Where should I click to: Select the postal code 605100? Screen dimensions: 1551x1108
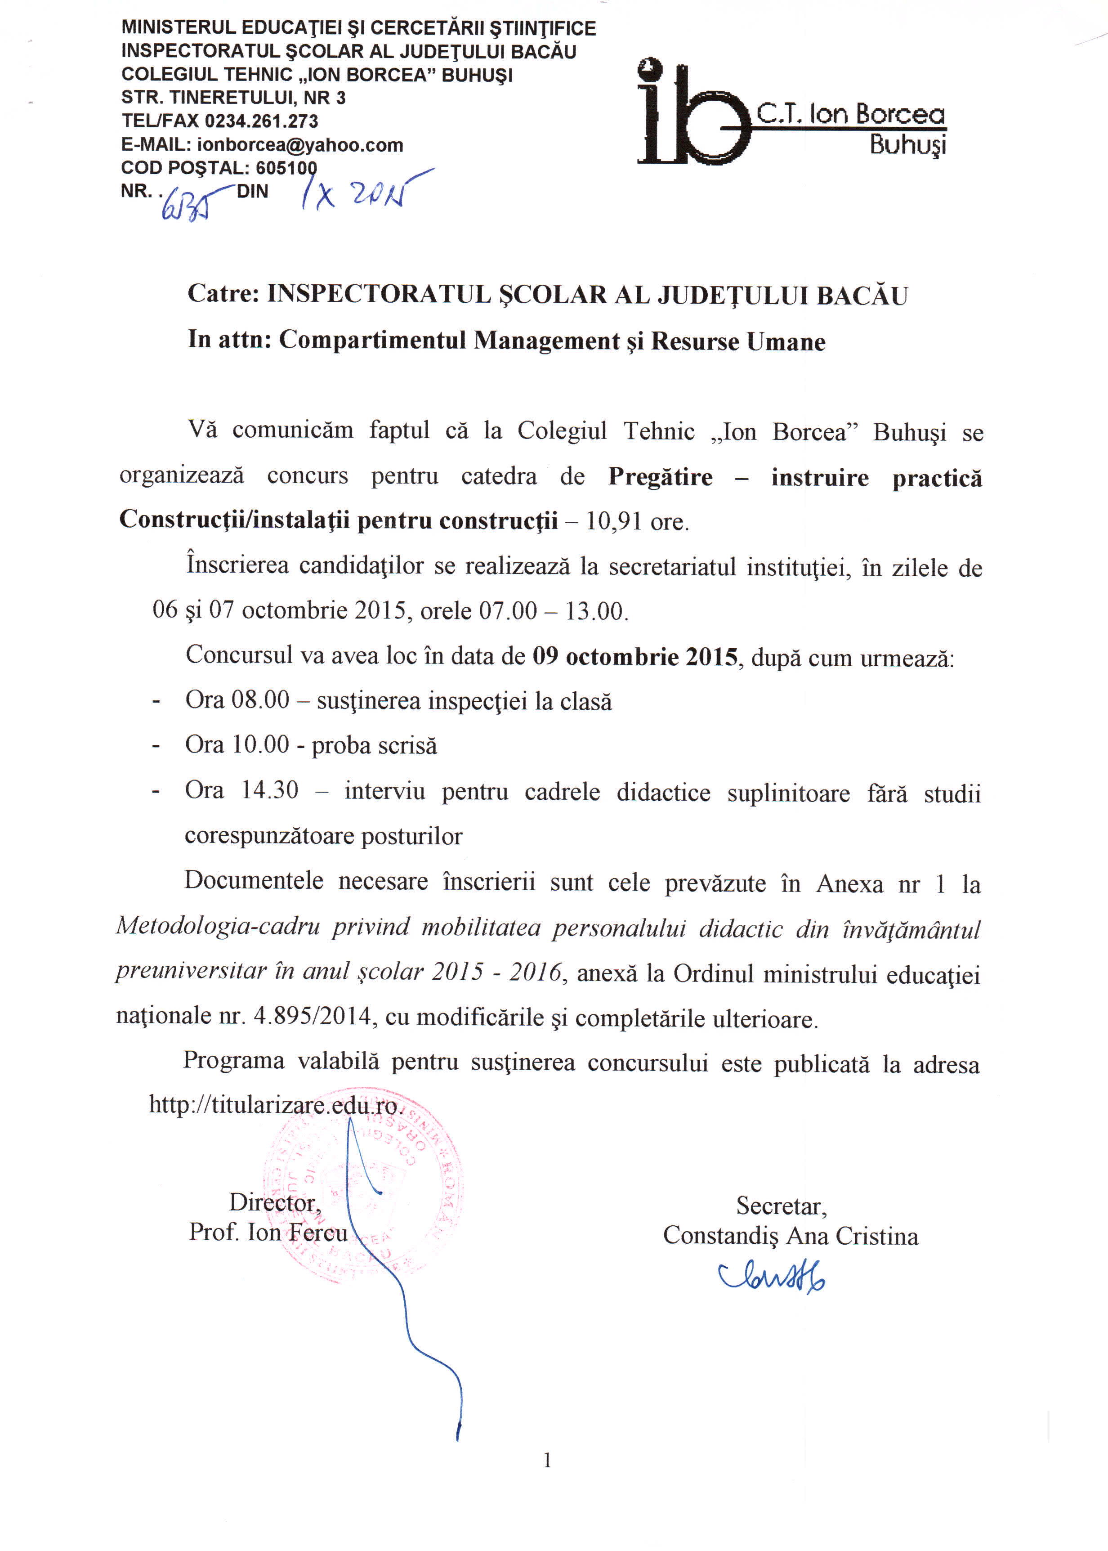(286, 168)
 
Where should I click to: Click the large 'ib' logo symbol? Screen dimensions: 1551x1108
(692, 116)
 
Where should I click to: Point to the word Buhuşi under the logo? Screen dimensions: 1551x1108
(907, 145)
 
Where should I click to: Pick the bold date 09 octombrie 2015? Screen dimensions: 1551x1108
(635, 656)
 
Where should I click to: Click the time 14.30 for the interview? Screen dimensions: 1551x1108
(269, 790)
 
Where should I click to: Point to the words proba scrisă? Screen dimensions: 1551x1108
(374, 745)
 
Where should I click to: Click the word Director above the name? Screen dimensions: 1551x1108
(274, 1202)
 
